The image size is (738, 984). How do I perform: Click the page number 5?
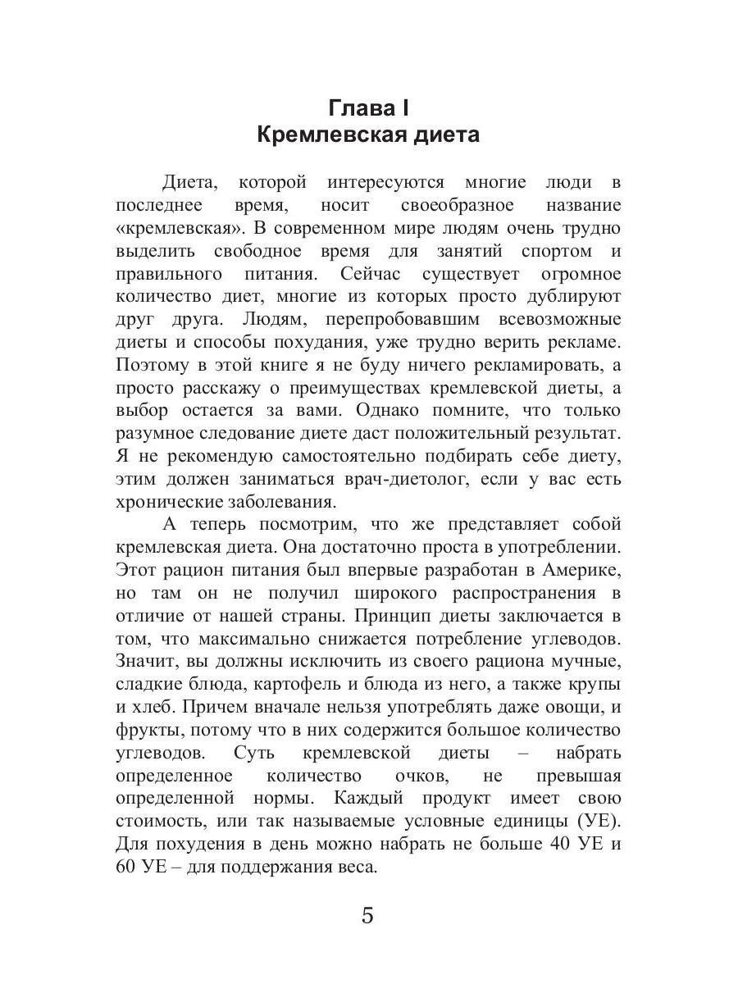tap(368, 915)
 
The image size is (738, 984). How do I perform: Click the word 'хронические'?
tap(169, 499)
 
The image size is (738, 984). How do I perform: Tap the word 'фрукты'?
tap(148, 728)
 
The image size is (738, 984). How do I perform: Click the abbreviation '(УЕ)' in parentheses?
tap(600, 820)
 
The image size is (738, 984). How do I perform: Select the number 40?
tap(553, 843)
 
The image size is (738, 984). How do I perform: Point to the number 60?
tap(129, 866)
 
